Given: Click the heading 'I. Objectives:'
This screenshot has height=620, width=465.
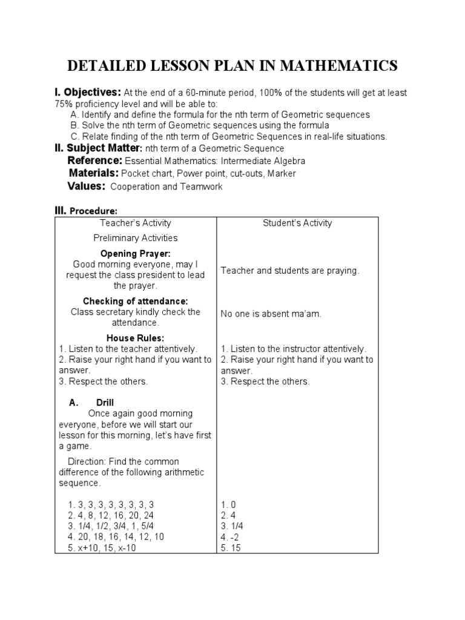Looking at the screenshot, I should (88, 92).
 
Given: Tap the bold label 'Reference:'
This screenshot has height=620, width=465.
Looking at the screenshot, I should (95, 160).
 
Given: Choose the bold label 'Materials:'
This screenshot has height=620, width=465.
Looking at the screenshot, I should (94, 173).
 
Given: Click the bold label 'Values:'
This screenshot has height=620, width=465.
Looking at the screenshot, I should (87, 186).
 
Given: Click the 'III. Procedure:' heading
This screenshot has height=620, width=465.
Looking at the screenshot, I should (86, 210).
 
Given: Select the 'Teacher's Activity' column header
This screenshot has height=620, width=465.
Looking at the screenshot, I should (136, 223).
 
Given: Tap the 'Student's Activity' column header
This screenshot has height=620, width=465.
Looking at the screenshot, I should (297, 223).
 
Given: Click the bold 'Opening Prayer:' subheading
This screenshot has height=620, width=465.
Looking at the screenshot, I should (135, 253).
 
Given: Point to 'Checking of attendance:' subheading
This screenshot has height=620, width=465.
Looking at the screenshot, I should (135, 301).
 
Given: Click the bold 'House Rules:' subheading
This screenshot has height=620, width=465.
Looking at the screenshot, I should (135, 338).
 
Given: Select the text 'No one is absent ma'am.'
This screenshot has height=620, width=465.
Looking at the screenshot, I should (271, 314).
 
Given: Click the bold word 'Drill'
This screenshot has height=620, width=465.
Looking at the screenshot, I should (105, 402).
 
